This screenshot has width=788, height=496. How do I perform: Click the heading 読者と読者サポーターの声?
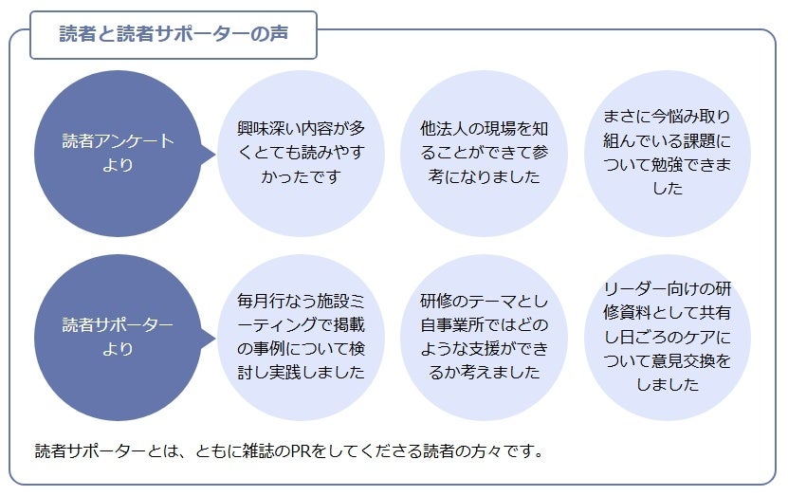click(x=174, y=33)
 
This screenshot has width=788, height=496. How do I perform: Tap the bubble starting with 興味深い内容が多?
click(x=301, y=153)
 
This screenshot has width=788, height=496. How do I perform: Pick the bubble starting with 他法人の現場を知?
click(x=484, y=153)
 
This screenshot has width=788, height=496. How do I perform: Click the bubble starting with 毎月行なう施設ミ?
click(x=301, y=337)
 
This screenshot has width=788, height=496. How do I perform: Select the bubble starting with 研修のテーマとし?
click(x=484, y=337)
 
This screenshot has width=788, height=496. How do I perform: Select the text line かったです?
click(x=301, y=176)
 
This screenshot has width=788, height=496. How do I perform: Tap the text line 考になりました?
click(x=484, y=176)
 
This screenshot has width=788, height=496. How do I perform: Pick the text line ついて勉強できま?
click(x=667, y=164)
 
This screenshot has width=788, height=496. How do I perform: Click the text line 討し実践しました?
click(x=301, y=372)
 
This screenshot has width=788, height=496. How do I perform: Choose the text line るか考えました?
click(x=484, y=372)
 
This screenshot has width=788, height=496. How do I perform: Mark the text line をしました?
click(x=667, y=384)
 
